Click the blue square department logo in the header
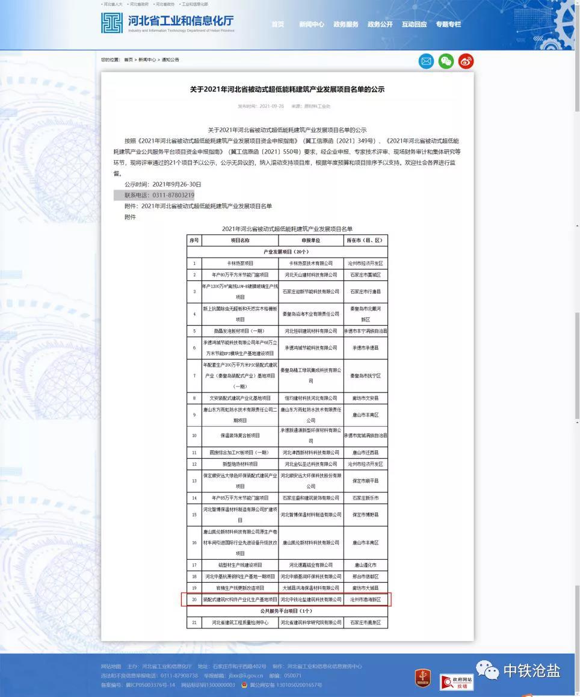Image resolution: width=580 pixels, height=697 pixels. pos(112,23)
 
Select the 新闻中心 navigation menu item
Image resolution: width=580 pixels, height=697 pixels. pos(311,25)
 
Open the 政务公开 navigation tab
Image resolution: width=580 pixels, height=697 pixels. pos(380,25)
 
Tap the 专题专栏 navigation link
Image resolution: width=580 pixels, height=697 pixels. pos(448,25)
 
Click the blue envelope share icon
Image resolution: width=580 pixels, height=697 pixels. pos(426,61)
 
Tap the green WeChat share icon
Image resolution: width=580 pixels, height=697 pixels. pos(446,61)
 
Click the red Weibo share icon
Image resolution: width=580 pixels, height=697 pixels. pos(466,61)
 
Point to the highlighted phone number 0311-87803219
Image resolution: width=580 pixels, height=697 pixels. pos(173,195)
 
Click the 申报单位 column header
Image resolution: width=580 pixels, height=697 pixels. pos(310,240)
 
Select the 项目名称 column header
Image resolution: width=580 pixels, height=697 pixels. pos(239,240)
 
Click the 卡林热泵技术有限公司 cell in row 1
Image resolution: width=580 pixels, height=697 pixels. pos(310,264)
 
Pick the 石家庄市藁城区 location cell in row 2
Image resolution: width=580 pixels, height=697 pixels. pos(365,274)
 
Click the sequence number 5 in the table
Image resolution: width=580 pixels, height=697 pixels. pos(194,331)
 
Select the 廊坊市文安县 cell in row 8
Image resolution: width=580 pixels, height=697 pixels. pos(365,398)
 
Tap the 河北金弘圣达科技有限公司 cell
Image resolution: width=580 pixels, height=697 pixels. pos(310,464)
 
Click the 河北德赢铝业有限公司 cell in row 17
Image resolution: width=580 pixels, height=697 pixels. pos(310,565)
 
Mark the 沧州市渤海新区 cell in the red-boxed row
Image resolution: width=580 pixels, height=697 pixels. pos(365,599)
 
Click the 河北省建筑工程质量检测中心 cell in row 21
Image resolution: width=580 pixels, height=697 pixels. pos(239,622)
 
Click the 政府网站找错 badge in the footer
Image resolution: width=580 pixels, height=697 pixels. pos(456,682)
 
